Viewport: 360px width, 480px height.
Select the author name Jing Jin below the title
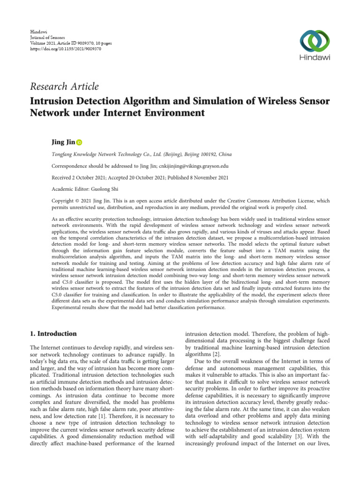[62, 142]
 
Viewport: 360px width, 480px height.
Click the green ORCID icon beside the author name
[79, 142]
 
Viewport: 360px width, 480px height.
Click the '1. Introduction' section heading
[53, 334]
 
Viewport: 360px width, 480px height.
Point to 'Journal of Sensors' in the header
[47, 37]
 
